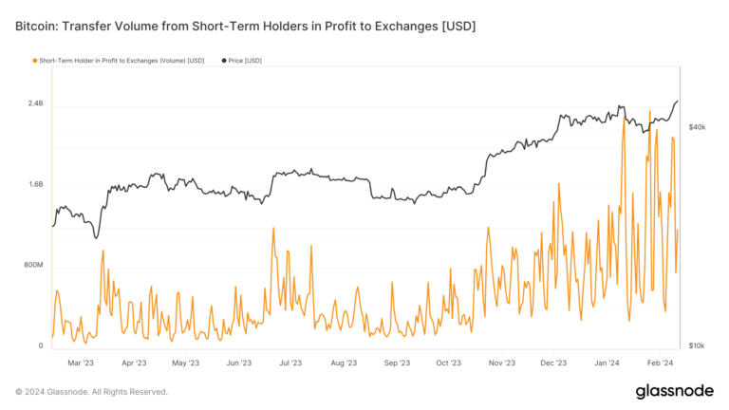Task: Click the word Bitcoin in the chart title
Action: coord(39,26)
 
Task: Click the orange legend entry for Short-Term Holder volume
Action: coord(118,61)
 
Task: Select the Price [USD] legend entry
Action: coord(244,61)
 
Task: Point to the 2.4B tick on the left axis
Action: coord(35,102)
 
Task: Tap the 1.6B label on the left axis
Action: coord(35,184)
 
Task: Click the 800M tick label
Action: coord(33,265)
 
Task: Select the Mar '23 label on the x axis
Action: coord(81,363)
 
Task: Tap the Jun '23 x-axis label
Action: coord(239,363)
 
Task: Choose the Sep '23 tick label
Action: coord(397,363)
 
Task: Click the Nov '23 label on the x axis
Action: coord(502,363)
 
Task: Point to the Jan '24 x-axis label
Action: coord(607,363)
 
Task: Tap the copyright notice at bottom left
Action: coord(91,392)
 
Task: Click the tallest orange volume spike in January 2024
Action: coord(649,112)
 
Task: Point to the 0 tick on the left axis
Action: coord(41,345)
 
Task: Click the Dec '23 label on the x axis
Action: coord(554,363)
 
